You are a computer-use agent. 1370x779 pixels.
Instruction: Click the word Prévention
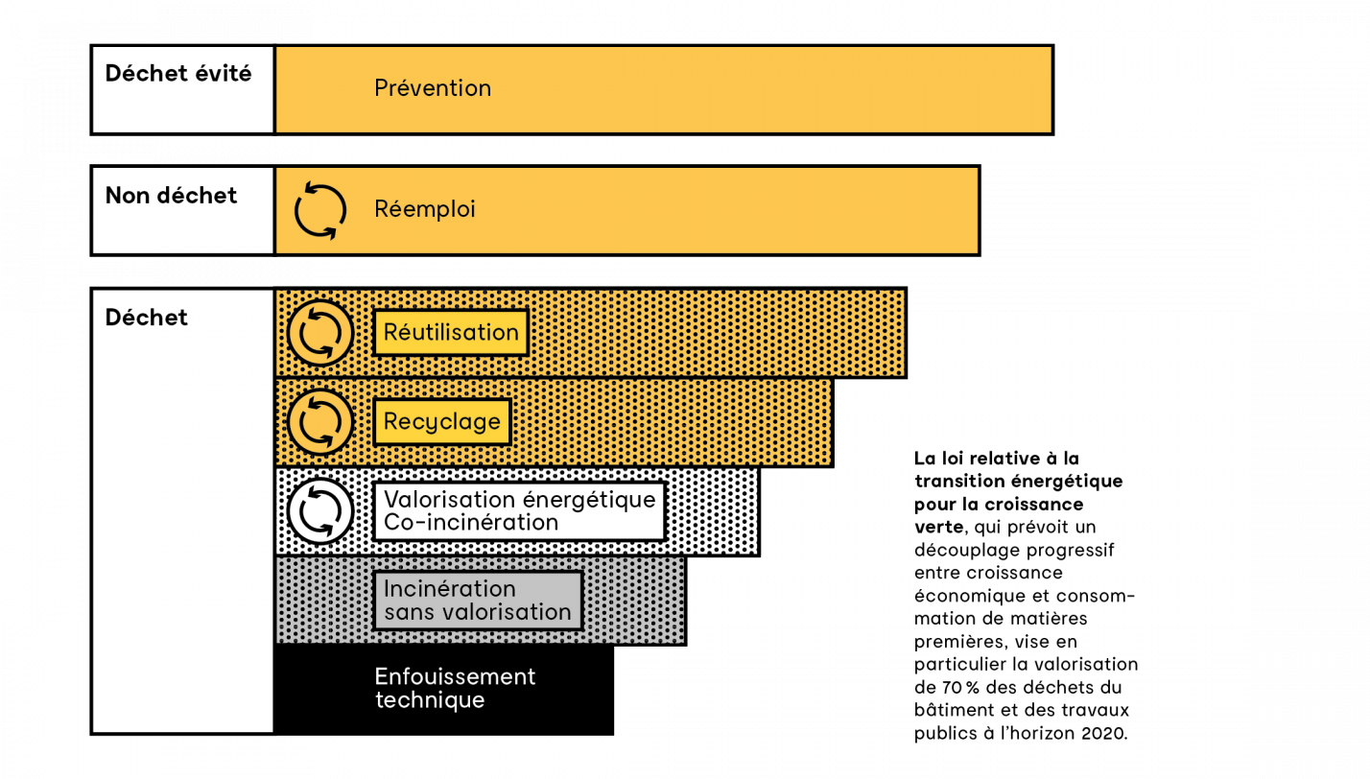[x=433, y=88]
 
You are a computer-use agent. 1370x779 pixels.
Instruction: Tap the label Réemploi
[x=425, y=209]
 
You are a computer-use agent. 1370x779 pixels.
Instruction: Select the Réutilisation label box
[x=451, y=333]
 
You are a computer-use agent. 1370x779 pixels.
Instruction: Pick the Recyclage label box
[x=442, y=422]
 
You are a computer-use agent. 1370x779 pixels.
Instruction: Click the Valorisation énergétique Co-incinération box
[x=519, y=511]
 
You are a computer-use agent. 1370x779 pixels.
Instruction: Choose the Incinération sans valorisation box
[x=478, y=601]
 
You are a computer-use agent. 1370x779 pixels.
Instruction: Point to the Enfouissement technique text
[x=455, y=688]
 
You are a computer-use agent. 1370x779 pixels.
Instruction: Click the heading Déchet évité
[x=178, y=74]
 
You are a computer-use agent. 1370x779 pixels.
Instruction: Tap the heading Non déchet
[x=171, y=196]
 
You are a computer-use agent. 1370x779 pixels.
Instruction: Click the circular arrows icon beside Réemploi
[x=320, y=210]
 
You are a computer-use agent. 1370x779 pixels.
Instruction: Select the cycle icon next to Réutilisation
[x=320, y=334]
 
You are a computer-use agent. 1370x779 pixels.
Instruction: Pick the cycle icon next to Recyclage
[x=320, y=422]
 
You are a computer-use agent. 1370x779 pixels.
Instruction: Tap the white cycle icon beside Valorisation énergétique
[x=320, y=511]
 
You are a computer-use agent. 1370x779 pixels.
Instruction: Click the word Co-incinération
[x=471, y=523]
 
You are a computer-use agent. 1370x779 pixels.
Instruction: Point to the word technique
[x=430, y=700]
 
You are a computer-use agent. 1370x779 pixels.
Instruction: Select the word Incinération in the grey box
[x=450, y=588]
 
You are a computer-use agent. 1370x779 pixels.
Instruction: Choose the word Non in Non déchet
[x=125, y=196]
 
